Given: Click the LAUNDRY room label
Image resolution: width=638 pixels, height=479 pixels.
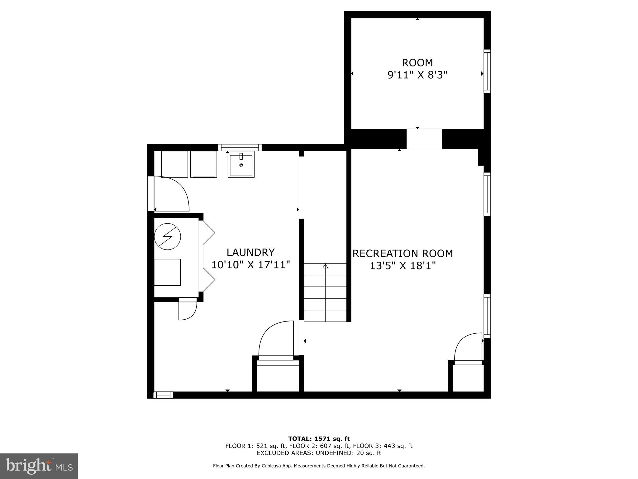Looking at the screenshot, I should (x=250, y=252).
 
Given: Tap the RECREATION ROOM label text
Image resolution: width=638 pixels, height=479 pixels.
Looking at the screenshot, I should (x=402, y=254).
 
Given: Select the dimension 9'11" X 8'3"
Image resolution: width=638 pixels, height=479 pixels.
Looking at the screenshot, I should (x=417, y=75).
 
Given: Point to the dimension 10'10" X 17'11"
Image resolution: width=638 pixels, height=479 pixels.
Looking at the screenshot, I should (x=250, y=265).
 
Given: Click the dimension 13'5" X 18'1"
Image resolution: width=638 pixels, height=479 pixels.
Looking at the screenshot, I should (x=402, y=266).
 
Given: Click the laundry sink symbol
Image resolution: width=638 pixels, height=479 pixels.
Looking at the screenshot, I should (x=241, y=164).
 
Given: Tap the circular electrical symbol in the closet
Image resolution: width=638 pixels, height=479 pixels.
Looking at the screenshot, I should (x=168, y=236).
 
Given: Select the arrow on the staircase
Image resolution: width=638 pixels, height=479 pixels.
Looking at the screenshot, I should (x=325, y=266).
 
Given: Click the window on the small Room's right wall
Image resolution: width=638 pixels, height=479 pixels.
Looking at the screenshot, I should (x=487, y=71).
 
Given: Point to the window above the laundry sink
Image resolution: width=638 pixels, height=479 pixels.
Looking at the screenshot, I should (x=240, y=148).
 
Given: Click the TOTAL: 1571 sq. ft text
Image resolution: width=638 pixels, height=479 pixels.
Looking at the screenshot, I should (x=319, y=439).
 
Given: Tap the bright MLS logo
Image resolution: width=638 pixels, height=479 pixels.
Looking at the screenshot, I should (x=39, y=466).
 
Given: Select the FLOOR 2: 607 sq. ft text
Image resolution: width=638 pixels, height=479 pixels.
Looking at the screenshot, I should (x=319, y=446).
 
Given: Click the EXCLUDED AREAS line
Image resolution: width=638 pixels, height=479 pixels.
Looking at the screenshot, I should (x=319, y=453).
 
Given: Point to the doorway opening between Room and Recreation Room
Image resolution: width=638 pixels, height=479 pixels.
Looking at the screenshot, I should (x=424, y=139).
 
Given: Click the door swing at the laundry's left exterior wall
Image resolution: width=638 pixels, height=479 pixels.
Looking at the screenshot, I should (x=171, y=193).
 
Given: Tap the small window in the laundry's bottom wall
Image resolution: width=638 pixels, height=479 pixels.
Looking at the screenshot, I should (x=164, y=395).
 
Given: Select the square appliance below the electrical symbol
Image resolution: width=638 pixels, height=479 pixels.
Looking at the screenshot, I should (x=168, y=272).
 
